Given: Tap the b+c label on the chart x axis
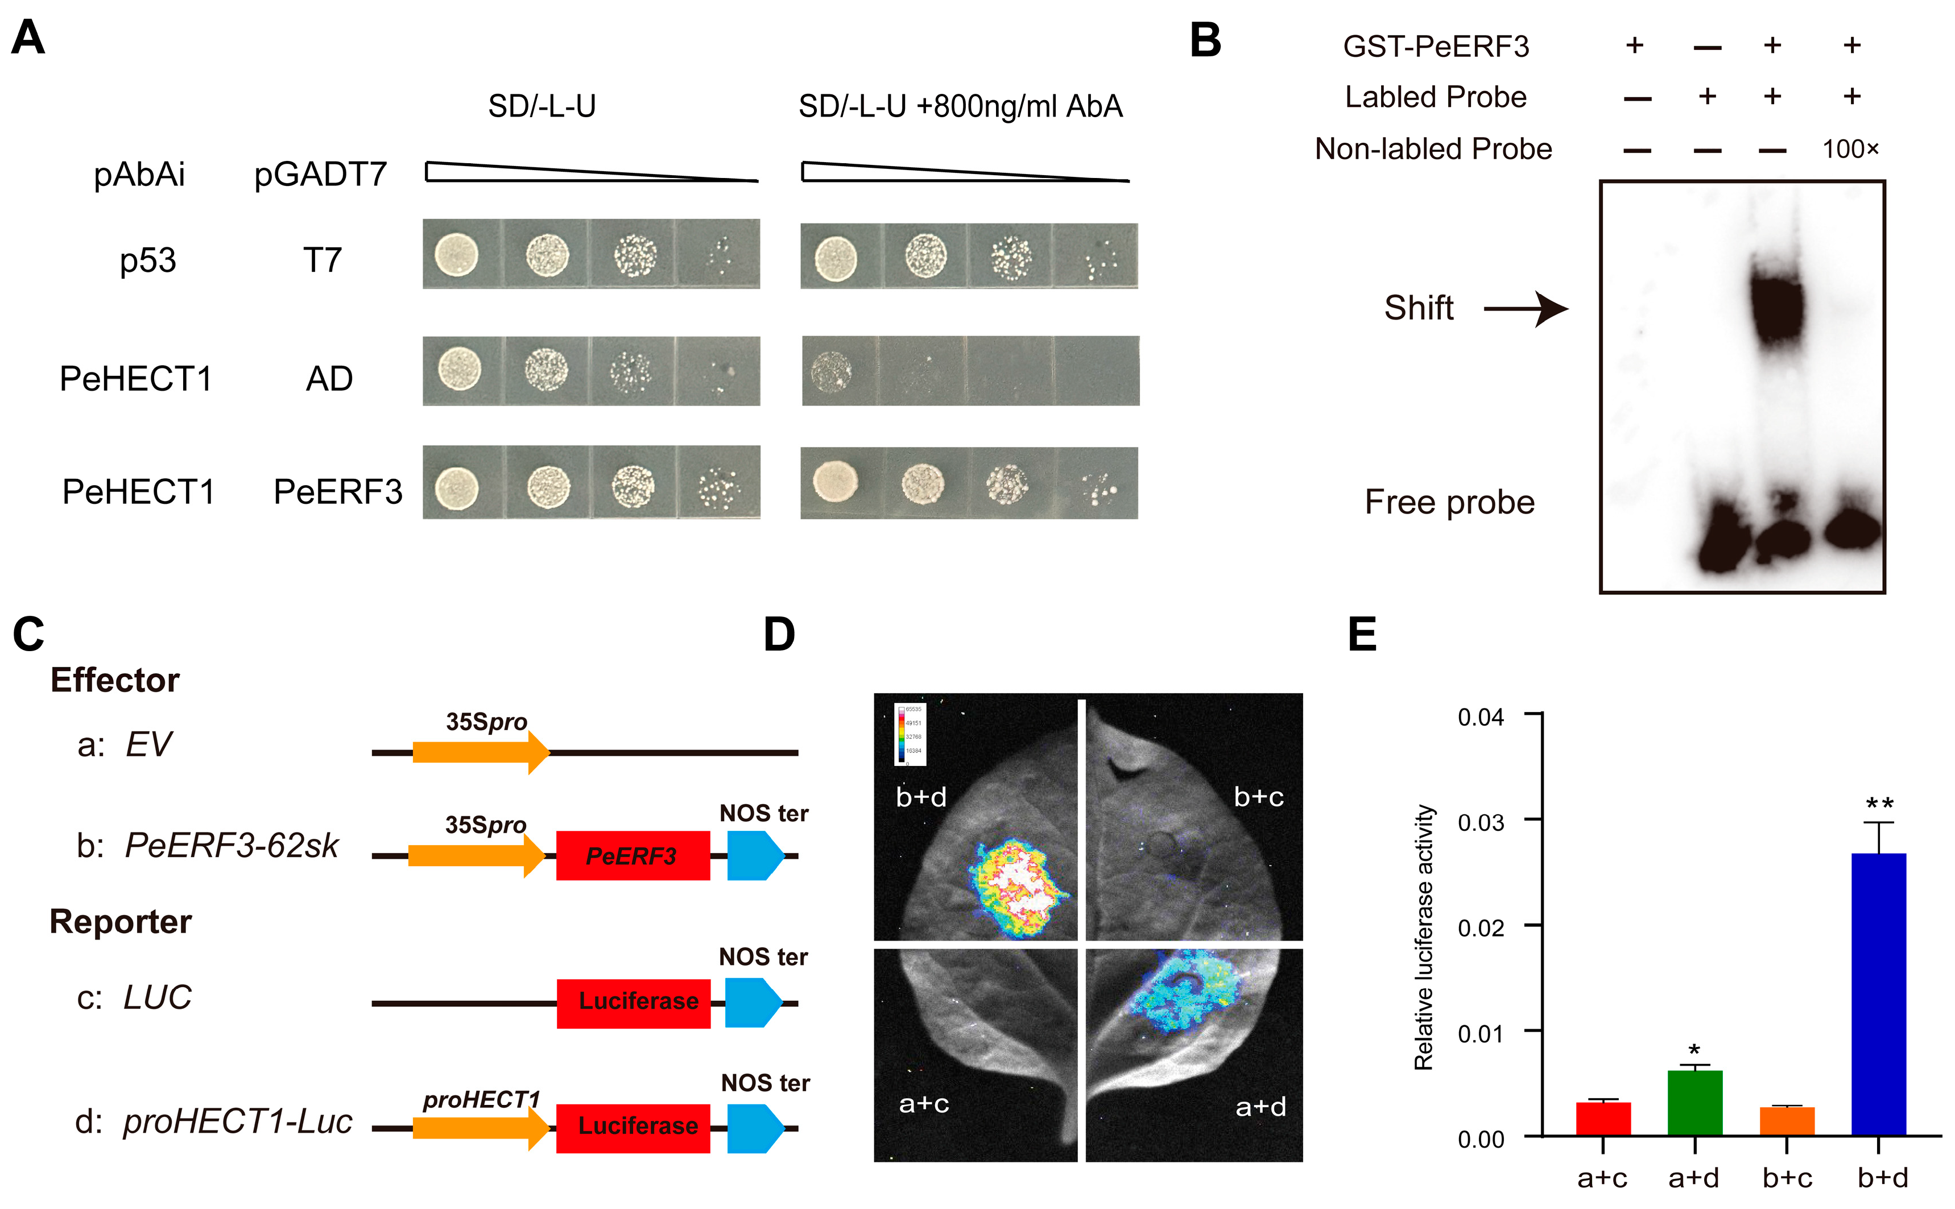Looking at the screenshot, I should click(x=1787, y=1178).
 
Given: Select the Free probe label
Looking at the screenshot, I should click(x=1449, y=502).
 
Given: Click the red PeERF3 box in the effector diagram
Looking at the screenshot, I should click(x=633, y=856).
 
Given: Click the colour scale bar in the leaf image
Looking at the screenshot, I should click(x=901, y=733).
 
